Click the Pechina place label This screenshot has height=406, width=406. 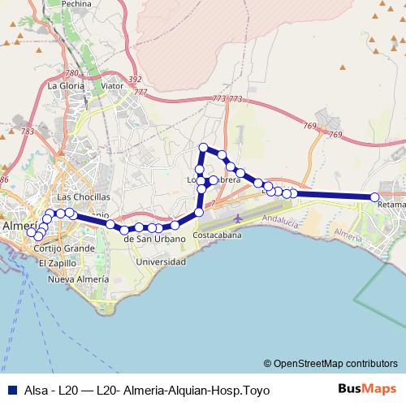(75, 4)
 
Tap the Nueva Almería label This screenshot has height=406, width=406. (78, 279)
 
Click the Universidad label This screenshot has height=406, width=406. (161, 262)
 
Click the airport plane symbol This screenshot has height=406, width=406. (236, 219)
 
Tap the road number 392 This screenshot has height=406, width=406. (135, 80)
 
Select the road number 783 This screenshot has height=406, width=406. (28, 131)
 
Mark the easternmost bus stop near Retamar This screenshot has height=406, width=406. (375, 197)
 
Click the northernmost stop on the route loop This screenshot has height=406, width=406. (204, 147)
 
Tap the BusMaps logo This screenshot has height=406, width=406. (366, 389)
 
